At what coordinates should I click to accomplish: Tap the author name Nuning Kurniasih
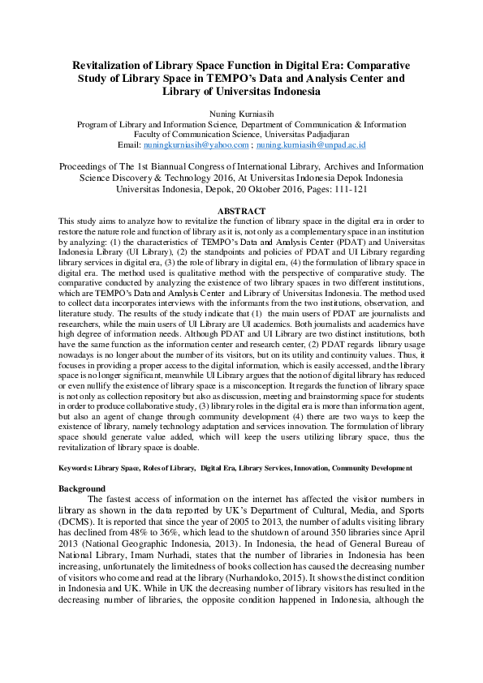click(x=241, y=114)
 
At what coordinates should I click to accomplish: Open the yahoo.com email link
click(x=196, y=144)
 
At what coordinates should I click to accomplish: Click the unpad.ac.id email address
click(x=312, y=144)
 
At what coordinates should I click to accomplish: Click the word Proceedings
click(x=87, y=165)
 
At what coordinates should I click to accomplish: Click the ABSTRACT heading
click(x=241, y=211)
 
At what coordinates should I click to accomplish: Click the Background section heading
click(x=82, y=488)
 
